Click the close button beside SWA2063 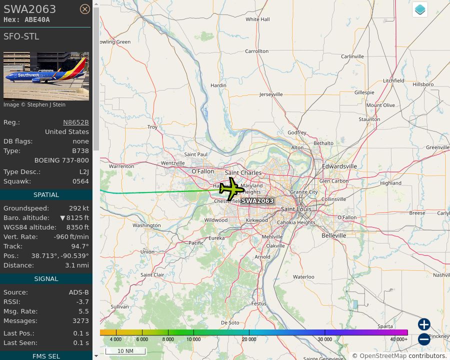pyautogui.click(x=85, y=9)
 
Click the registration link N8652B pyautogui.click(x=75, y=122)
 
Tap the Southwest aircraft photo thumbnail pyautogui.click(x=46, y=76)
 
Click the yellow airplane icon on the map pyautogui.click(x=231, y=189)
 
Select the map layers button pyautogui.click(x=420, y=9)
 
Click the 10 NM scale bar pyautogui.click(x=125, y=351)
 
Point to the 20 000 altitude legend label pyautogui.click(x=249, y=339)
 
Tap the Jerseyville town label pyautogui.click(x=271, y=94)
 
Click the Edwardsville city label pyautogui.click(x=339, y=166)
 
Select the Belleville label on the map pyautogui.click(x=334, y=235)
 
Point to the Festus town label pyautogui.click(x=259, y=303)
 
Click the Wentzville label pyautogui.click(x=173, y=163)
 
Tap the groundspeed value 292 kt pyautogui.click(x=79, y=208)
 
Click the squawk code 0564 pyautogui.click(x=80, y=181)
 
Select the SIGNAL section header pyautogui.click(x=46, y=279)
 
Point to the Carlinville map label pyautogui.click(x=352, y=56)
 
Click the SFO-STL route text pyautogui.click(x=21, y=36)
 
